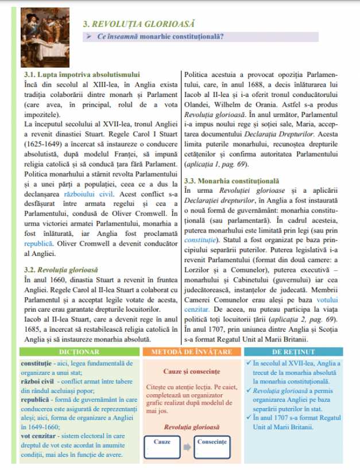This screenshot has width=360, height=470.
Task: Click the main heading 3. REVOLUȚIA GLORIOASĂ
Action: coord(138,24)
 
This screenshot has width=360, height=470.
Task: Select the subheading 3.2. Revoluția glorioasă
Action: coord(61,269)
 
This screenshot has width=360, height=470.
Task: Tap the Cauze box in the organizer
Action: coord(162,445)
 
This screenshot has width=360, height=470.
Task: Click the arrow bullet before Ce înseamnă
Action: coord(90,37)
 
